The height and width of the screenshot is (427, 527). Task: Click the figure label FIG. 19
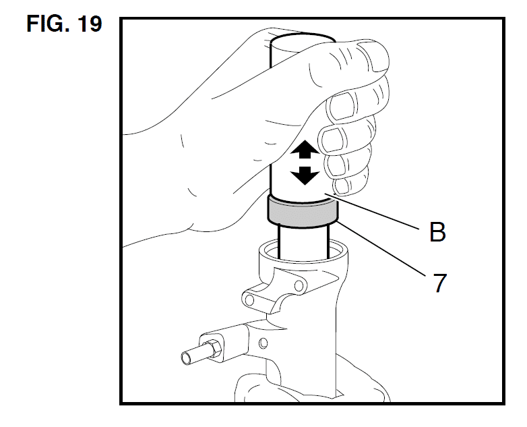coord(64,24)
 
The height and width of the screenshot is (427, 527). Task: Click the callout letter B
coord(437,231)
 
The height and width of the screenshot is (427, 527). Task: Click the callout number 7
coord(439,283)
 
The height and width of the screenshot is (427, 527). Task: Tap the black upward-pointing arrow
coord(305,149)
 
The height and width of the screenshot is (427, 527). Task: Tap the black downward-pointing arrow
coord(305,175)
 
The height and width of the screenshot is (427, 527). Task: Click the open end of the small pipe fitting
coord(186,358)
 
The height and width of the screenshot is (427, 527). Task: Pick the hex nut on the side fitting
coord(213,349)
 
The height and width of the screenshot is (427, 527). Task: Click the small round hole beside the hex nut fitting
coord(263,343)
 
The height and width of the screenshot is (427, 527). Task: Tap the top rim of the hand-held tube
coord(303,38)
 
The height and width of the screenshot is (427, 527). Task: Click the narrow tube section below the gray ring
coord(303,243)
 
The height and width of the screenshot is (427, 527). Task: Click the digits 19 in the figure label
coord(90,24)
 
